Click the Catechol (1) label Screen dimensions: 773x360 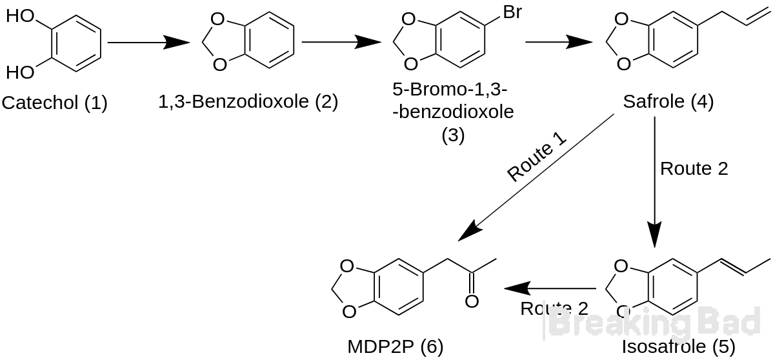pos(55,103)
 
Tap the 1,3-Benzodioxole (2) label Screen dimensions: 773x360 pos(248,101)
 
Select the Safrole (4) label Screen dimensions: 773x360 pos(668,101)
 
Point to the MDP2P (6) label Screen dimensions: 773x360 pos(396,346)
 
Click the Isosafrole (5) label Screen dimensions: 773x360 pos(678,346)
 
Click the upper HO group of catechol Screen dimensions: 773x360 pos(20,16)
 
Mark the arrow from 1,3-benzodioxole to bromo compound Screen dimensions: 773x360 pos(341,43)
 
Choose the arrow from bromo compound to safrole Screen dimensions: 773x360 pos(559,43)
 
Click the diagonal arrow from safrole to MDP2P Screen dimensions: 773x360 pos(536,177)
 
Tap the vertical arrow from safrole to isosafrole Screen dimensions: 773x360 pos(654,183)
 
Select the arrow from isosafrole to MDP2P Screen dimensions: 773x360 pos(548,288)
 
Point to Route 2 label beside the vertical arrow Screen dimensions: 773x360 pos(694,168)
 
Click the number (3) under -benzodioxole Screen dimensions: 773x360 pos(453,135)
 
